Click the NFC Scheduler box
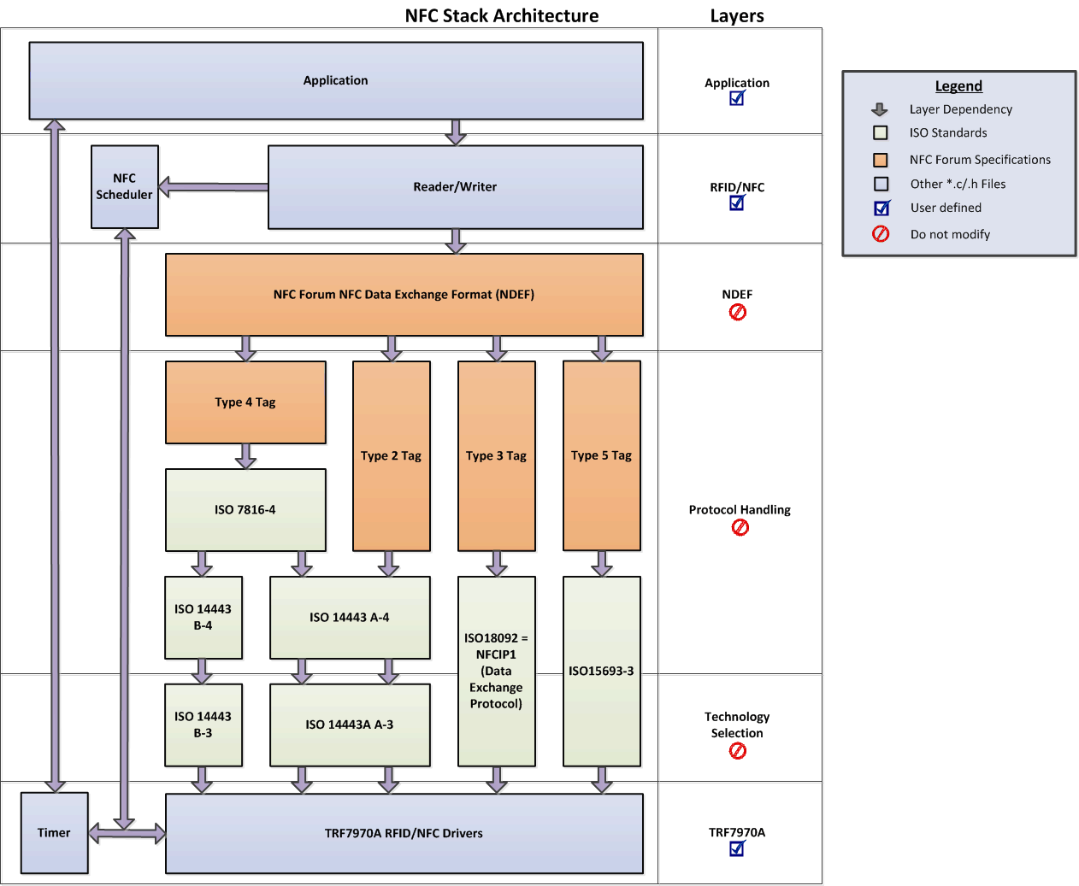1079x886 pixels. click(x=125, y=186)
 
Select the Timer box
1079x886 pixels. click(x=54, y=832)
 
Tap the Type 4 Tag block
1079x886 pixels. click(x=245, y=402)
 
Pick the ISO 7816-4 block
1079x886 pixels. click(x=245, y=509)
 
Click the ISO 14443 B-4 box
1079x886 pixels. click(x=203, y=617)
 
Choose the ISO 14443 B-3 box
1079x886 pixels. click(x=203, y=725)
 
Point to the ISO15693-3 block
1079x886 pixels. click(x=601, y=671)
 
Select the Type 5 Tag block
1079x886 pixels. click(x=601, y=455)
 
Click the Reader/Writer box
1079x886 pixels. click(x=455, y=186)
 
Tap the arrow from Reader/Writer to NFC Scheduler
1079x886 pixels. click(x=213, y=187)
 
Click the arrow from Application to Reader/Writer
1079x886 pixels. click(x=456, y=132)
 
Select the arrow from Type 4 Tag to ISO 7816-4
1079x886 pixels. click(x=246, y=455)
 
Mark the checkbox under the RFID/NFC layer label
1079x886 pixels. click(x=737, y=202)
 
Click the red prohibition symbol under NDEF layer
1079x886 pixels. click(x=737, y=313)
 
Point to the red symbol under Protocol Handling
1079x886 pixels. click(x=740, y=527)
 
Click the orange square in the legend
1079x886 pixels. click(x=880, y=160)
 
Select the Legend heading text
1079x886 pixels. click(x=958, y=85)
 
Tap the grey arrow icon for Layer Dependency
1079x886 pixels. click(x=879, y=109)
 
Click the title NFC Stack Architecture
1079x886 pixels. click(x=501, y=15)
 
